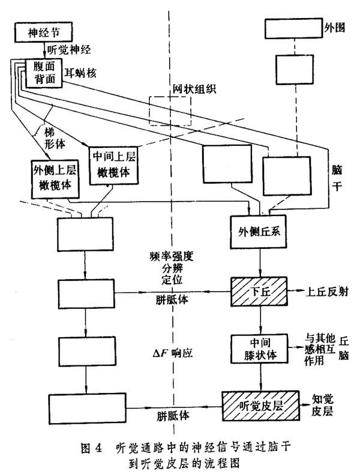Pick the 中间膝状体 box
pos(260,348)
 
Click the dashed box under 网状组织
pos(171,111)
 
